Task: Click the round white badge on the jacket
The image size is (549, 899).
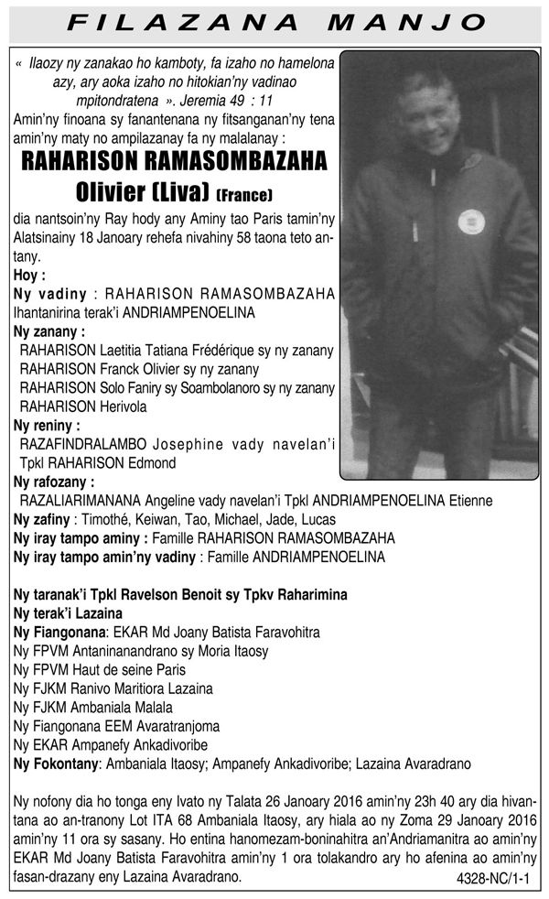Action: pos(470,222)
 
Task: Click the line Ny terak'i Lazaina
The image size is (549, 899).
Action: pos(69,612)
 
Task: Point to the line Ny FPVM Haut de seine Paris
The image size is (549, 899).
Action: pos(99,669)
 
